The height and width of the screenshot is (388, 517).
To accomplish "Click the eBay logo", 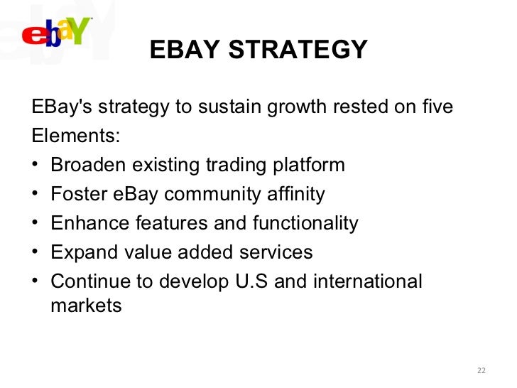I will click(57, 32).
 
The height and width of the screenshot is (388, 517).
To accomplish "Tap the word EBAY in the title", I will click(183, 50).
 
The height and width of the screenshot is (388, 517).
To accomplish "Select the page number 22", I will click(482, 370).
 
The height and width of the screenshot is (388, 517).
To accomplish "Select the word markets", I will click(86, 306).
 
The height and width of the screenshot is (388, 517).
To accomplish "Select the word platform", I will click(310, 165).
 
